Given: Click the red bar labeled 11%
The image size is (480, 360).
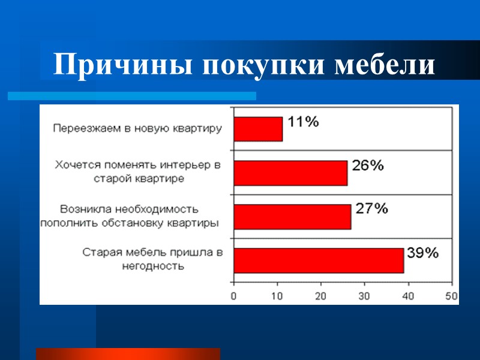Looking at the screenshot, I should tap(258, 129).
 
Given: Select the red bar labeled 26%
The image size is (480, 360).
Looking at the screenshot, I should tap(290, 173).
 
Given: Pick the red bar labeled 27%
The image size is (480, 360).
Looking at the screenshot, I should tap(292, 217).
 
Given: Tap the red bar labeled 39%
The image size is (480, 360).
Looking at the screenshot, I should tap(319, 260).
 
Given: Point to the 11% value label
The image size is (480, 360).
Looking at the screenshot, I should tap(303, 122).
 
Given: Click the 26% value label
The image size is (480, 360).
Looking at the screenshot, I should tap(367, 166).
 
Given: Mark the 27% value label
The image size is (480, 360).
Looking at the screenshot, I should tap(372, 209).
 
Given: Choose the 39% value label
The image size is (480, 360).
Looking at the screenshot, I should tap(422, 253).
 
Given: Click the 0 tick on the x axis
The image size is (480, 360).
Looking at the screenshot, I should tap(234, 296).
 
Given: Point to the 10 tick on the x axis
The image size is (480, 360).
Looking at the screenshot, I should tap(278, 296).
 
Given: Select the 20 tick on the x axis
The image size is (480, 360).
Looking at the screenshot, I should tap(321, 296).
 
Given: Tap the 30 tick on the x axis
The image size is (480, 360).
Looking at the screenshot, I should tap(365, 296).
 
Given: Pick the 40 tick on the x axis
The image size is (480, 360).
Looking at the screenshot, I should tap(409, 296).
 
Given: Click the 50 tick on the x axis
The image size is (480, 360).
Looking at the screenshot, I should tap(451, 296).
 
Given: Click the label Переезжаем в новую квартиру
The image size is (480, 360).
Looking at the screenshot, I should tap(137, 128).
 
